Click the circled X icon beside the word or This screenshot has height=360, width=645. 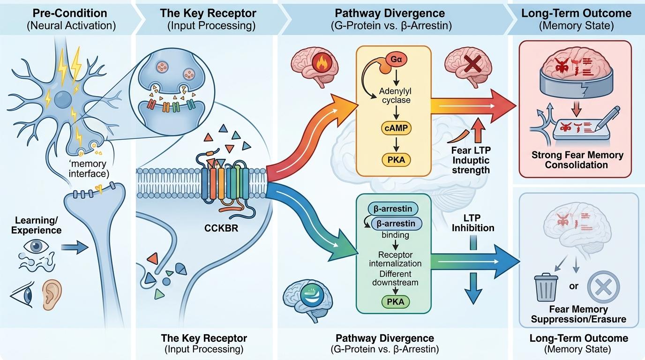coord(604,286)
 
